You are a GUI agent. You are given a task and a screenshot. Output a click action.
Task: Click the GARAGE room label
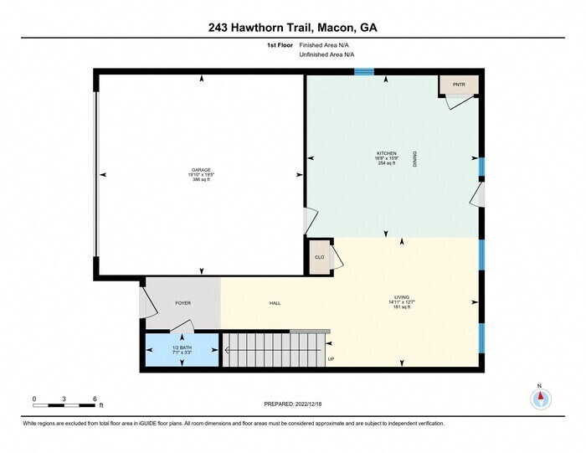point(201,168)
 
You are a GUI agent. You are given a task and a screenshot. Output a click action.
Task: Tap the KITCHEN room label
point(386,153)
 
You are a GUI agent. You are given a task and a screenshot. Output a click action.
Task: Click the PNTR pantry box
point(459,85)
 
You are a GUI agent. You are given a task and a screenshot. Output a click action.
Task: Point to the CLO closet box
point(319,257)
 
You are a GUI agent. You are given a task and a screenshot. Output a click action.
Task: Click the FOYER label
point(182,302)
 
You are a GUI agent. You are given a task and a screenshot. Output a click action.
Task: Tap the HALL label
point(275,302)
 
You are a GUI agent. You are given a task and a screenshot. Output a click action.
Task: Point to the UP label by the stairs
point(331,359)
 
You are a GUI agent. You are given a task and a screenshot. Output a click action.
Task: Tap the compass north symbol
point(540,399)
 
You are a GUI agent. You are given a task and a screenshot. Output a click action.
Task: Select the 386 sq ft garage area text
point(201,179)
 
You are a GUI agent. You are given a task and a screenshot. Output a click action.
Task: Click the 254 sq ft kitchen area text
point(386,163)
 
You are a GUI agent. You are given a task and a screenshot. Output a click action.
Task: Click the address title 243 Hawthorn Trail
point(292,28)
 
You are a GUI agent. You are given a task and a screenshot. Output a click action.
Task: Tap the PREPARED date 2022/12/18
point(292,404)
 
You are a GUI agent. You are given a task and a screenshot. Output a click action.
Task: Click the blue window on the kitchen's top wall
point(363,73)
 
